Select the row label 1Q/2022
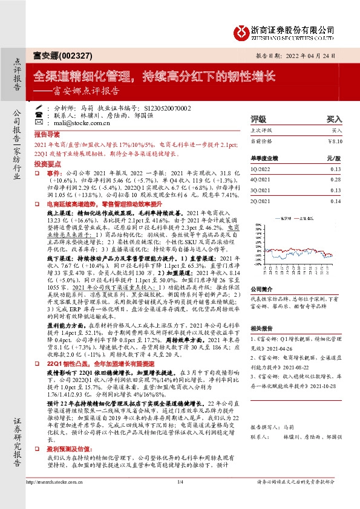click(261, 170)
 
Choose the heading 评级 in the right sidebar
click(258, 119)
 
